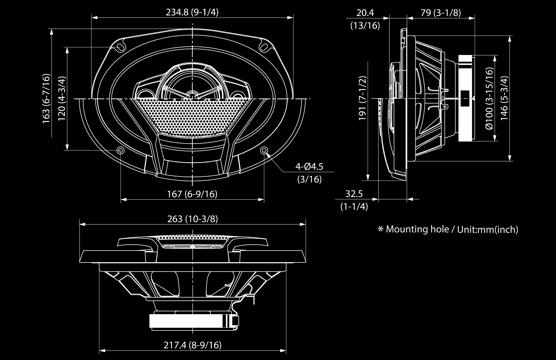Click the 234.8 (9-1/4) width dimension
(192, 12)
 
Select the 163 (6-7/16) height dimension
(46, 99)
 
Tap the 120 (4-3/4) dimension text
(62, 98)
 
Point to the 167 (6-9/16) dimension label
(192, 194)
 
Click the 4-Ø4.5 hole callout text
(309, 166)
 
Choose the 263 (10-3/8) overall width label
(193, 219)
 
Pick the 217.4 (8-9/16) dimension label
(193, 345)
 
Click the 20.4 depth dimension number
(365, 13)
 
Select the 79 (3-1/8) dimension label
(441, 13)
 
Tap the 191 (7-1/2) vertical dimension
(362, 98)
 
